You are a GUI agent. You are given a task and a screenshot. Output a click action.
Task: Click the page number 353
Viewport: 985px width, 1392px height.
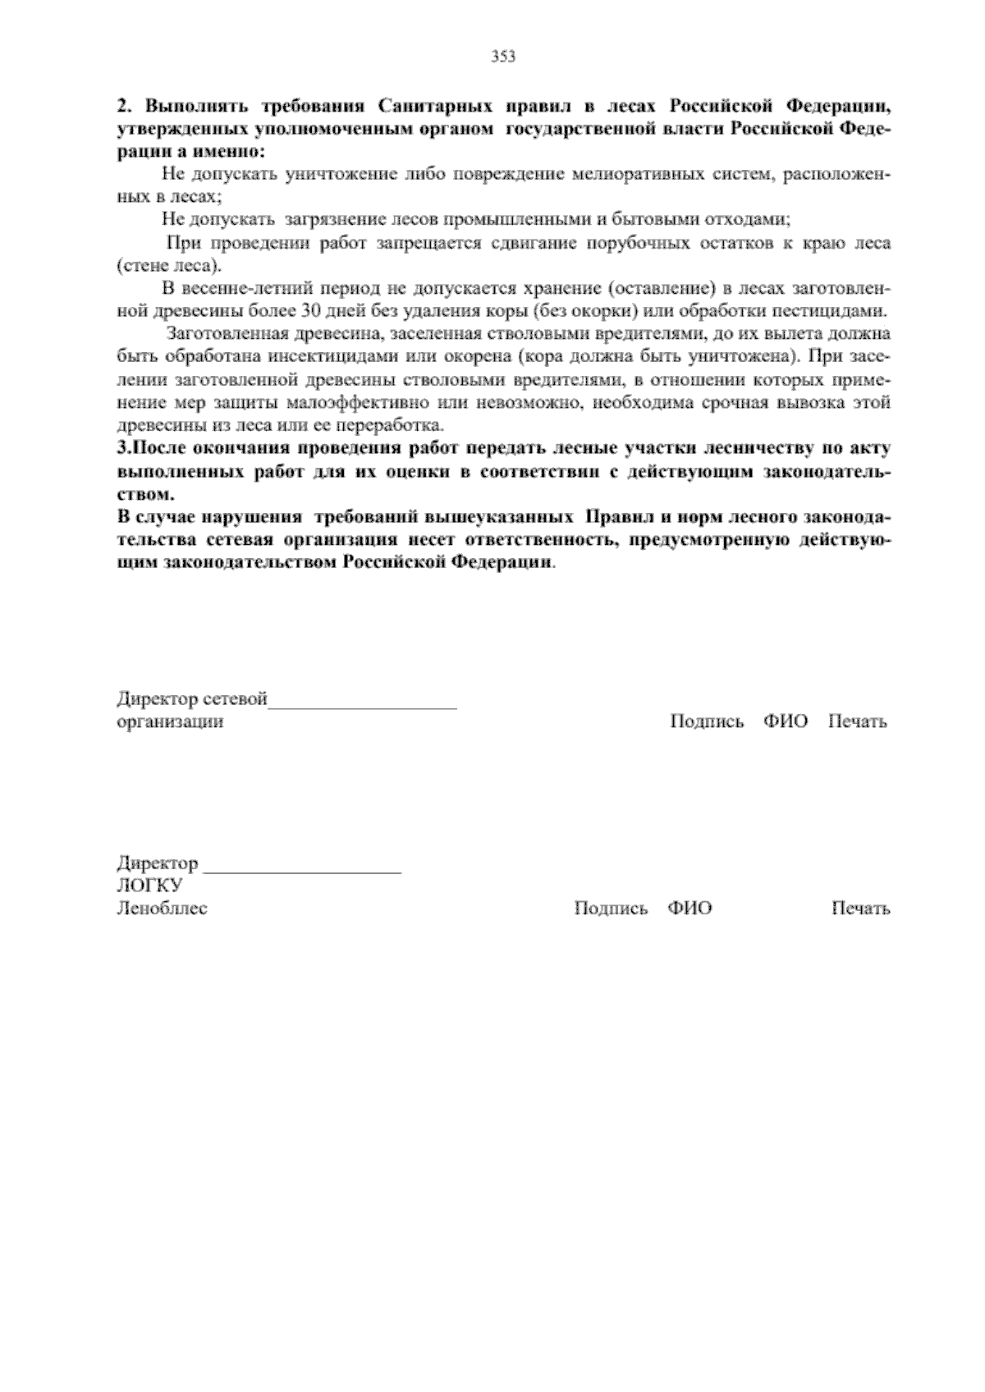tap(503, 57)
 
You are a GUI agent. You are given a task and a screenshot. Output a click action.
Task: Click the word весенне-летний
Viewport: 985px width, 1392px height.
tap(234, 289)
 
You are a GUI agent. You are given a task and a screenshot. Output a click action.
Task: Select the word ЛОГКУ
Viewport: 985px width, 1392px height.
tap(149, 886)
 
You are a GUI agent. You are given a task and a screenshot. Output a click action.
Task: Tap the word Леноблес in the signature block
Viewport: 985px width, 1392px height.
tap(162, 909)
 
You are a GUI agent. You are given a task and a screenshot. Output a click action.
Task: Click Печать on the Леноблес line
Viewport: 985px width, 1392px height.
tap(860, 909)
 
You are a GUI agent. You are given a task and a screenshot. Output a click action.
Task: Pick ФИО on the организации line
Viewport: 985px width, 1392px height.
tap(786, 722)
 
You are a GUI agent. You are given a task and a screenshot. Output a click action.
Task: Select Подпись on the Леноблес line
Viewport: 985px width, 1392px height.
tap(611, 909)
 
